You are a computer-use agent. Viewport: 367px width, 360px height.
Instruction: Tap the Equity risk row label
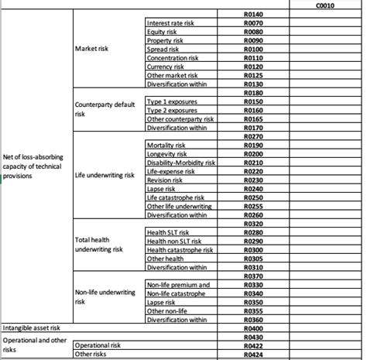[163, 33]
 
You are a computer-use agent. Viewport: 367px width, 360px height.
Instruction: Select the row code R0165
[253, 118]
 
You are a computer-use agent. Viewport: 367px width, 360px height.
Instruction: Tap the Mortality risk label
[167, 145]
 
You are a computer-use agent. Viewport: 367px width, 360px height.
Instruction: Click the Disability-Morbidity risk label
[180, 163]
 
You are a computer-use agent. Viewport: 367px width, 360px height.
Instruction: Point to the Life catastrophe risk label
[174, 197]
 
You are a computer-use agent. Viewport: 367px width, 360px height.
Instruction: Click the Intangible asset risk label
[30, 328]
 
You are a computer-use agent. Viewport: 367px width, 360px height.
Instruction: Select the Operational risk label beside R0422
[98, 345]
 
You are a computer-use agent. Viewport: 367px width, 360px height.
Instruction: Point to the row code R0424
[253, 354]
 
